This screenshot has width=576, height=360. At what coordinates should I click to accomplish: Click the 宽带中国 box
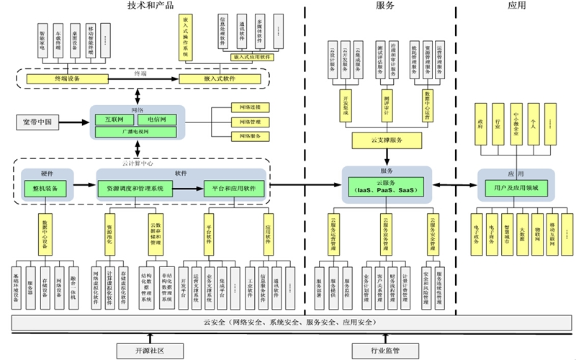(x=37, y=123)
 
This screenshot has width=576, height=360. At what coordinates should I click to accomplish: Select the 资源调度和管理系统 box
(x=135, y=188)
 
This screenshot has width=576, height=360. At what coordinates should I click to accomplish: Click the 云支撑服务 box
(x=386, y=138)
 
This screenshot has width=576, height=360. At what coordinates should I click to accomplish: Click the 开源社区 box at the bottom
(x=150, y=351)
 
